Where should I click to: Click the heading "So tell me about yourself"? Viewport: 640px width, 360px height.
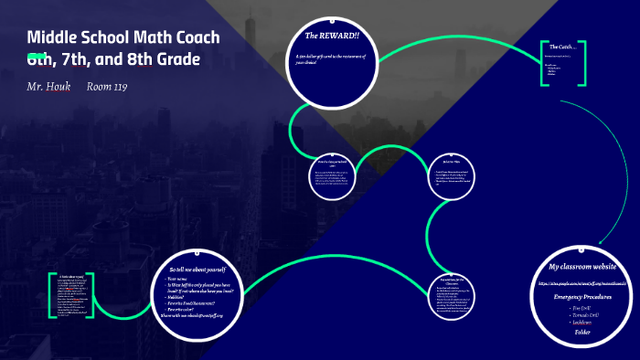[x=204, y=270]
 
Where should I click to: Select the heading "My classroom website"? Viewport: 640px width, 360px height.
[x=583, y=267]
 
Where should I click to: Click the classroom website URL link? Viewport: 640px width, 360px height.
[x=583, y=284]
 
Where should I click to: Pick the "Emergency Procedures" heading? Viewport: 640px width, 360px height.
[x=583, y=297]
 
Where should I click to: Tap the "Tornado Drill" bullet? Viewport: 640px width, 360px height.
[x=583, y=315]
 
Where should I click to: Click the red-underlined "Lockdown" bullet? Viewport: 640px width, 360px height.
[x=582, y=323]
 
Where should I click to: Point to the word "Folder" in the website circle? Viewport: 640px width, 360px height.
[x=582, y=332]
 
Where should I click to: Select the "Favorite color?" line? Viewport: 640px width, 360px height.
[x=188, y=308]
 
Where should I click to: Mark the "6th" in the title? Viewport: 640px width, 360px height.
[x=40, y=59]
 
